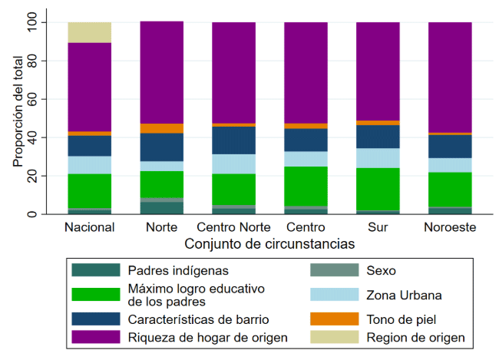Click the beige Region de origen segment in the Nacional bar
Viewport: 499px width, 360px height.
pyautogui.click(x=90, y=32)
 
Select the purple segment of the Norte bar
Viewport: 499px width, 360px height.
pyautogui.click(x=161, y=72)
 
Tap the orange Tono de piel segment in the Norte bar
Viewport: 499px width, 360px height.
pyautogui.click(x=161, y=128)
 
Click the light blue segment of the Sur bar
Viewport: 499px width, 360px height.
pyautogui.click(x=377, y=158)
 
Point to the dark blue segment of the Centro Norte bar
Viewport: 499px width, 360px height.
pyautogui.click(x=233, y=140)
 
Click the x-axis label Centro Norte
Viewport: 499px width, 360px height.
pyautogui.click(x=233, y=228)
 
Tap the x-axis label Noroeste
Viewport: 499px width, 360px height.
pyautogui.click(x=449, y=228)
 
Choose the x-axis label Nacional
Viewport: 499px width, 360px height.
pyautogui.click(x=90, y=228)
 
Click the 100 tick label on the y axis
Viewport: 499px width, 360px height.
pyautogui.click(x=33, y=22)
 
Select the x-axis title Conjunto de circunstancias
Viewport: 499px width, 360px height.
pyautogui.click(x=269, y=245)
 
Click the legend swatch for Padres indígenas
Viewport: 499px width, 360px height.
pyautogui.click(x=95, y=270)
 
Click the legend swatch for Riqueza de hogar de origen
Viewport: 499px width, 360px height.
pyautogui.click(x=95, y=337)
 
